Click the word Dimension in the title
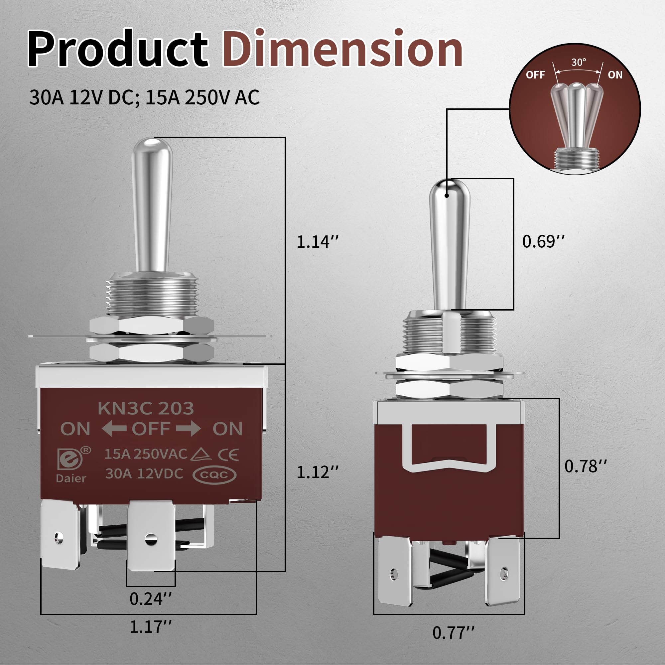pos(342,49)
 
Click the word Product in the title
pos(118,49)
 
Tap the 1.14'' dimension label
pos(317,242)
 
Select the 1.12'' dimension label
pos(317,472)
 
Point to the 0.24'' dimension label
pos(150,599)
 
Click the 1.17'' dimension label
pos(150,627)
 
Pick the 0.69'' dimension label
pos(543,241)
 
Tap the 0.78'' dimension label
pos(585,466)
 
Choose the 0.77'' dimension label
pos(453,633)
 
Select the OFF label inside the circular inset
pos(535,75)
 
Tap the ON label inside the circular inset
pos(615,75)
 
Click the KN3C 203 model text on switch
pos(146,409)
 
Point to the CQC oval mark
pos(214,475)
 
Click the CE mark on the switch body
pos(228,455)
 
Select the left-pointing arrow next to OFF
pos(114,429)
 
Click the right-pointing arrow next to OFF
pos(188,429)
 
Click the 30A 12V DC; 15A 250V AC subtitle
pos(144,97)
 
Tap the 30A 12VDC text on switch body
pos(144,474)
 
